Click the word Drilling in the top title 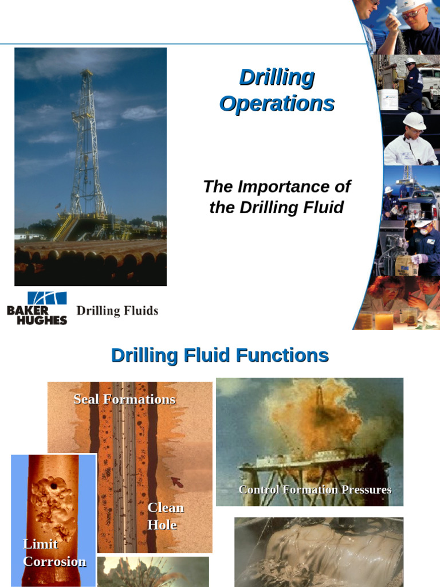tap(277, 77)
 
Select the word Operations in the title tap(277, 104)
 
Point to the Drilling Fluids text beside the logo tap(117, 311)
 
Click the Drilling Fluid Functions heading tap(219, 355)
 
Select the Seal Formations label tap(124, 399)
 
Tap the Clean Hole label tap(165, 516)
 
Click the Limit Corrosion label tap(54, 553)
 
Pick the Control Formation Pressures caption tap(315, 490)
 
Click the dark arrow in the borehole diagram tap(177, 483)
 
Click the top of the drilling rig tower tap(87, 73)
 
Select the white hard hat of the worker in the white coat tap(414, 120)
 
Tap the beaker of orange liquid tap(384, 320)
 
